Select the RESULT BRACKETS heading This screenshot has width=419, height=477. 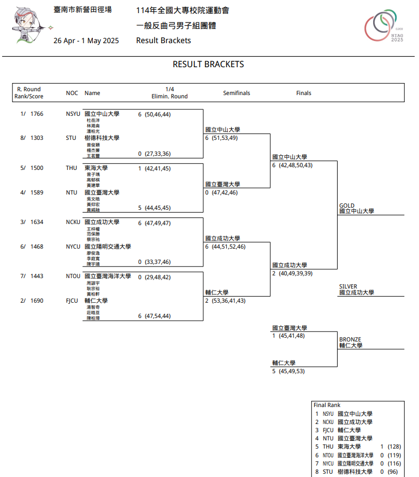coord(208,64)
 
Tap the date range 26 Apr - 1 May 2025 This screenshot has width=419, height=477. coord(86,40)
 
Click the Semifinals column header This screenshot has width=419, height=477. coord(237,93)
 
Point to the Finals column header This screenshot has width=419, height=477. coord(304,93)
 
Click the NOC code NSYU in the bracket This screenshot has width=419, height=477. coord(73,114)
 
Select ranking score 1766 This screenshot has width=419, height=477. coord(37,114)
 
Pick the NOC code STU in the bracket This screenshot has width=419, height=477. coord(71,138)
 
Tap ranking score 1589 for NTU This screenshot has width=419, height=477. coord(37,192)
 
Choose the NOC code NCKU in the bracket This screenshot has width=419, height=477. coord(73,222)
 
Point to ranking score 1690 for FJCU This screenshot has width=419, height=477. coord(37,301)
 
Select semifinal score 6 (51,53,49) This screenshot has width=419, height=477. coord(221,138)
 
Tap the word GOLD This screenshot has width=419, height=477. coord(347,206)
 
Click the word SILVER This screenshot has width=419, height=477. coord(348,287)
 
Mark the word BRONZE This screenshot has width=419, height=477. coord(350,339)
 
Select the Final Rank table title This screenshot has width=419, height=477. coord(327,405)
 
